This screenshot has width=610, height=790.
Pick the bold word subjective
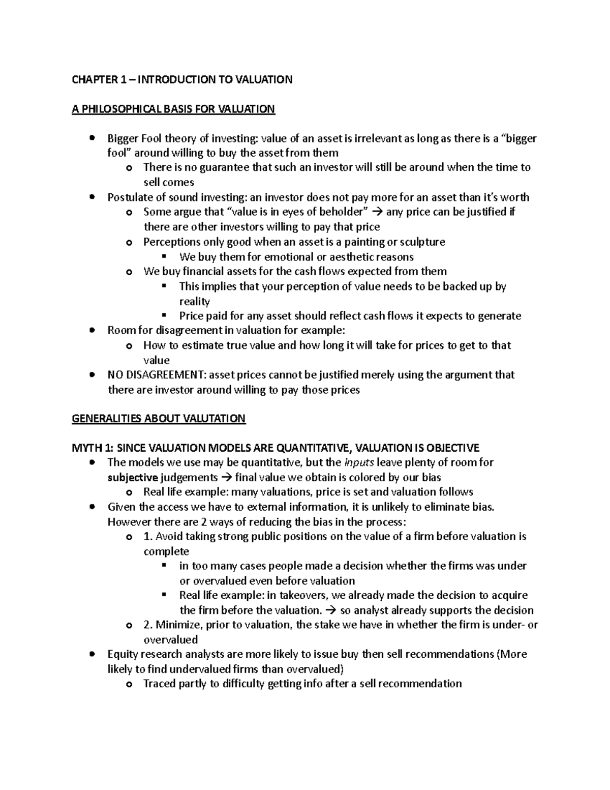(133, 478)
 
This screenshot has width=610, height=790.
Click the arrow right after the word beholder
(377, 212)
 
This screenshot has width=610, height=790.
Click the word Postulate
(130, 197)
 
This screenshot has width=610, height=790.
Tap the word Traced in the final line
(160, 684)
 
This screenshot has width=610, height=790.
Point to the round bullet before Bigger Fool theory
(91, 138)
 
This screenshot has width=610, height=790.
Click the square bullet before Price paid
(164, 315)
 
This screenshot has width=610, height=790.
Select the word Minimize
(178, 625)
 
